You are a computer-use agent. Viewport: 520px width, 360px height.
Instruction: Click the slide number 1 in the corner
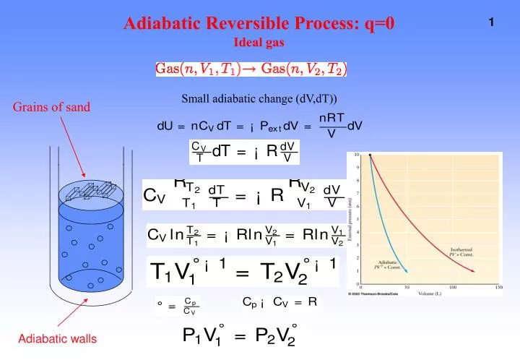pos(491,23)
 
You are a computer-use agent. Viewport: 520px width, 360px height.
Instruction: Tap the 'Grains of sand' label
pos(51,108)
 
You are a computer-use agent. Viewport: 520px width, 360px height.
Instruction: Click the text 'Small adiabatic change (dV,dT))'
pos(259,98)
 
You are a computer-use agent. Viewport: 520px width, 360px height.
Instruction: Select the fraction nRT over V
pos(331,125)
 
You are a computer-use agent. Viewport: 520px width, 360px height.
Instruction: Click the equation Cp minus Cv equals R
pos(279,302)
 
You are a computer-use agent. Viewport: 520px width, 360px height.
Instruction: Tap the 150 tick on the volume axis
pos(498,287)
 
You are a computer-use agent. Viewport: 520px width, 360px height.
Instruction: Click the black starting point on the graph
pos(370,155)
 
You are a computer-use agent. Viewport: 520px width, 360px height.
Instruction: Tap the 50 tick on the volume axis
pos(406,287)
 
